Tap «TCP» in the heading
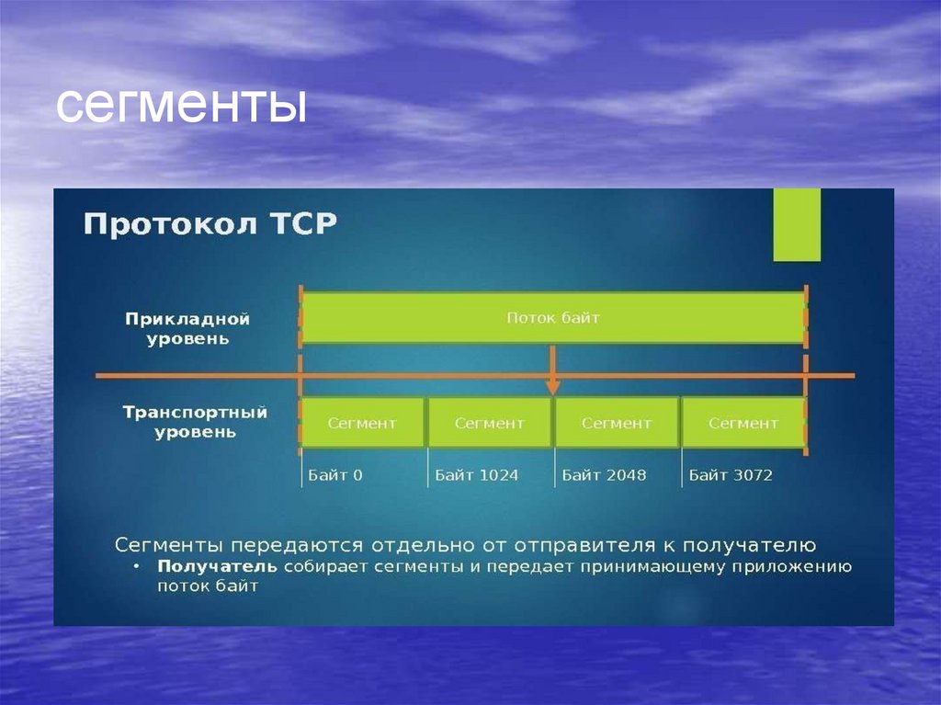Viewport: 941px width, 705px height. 303,224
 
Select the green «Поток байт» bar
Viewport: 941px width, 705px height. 553,318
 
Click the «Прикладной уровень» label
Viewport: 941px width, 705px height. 187,328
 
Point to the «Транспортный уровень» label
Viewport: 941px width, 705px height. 195,422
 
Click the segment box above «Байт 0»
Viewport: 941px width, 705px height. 363,423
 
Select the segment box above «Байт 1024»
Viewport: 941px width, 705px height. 490,423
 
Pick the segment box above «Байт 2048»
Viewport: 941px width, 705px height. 617,423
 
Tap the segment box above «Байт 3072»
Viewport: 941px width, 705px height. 743,423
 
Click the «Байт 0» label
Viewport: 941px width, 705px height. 335,475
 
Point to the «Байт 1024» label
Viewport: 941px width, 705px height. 476,475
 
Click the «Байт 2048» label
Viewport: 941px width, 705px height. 604,475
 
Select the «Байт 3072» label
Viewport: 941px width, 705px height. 731,475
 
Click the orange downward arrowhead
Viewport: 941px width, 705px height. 552,386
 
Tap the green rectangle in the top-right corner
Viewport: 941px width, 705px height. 796,224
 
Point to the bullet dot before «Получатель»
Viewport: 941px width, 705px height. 136,566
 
